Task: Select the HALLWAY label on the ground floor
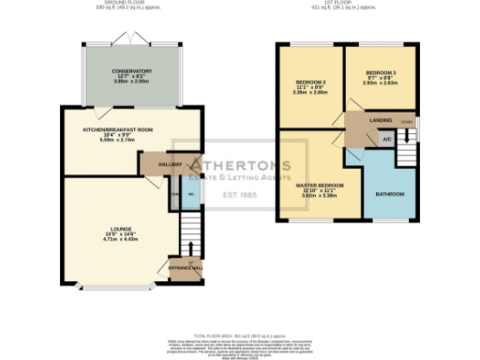pos(170,163)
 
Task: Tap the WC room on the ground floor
pos(190,195)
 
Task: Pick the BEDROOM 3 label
pos(382,72)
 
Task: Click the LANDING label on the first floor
pos(381,120)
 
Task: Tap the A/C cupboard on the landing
pos(385,139)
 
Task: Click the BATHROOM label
pos(390,194)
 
